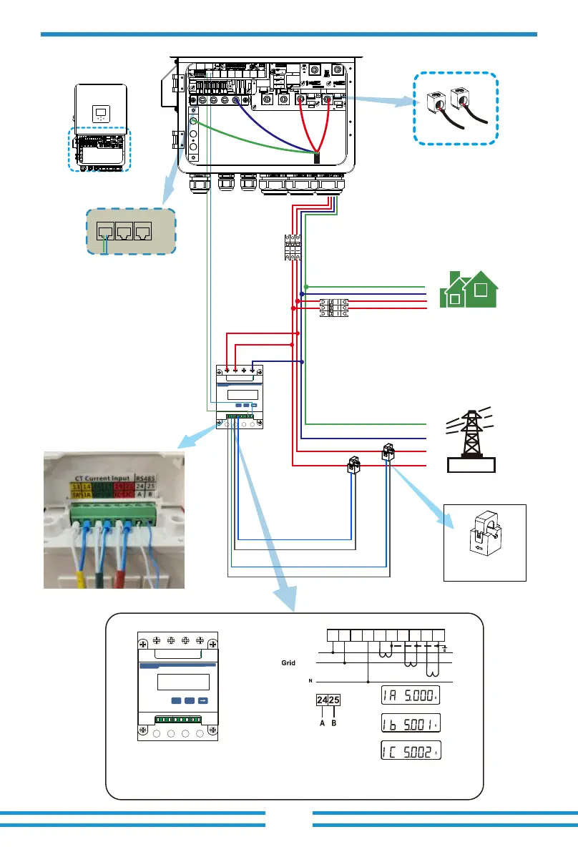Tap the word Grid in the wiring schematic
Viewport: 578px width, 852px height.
pos(288,663)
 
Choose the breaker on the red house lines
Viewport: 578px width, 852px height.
pos(333,308)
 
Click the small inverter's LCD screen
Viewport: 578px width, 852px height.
pos(100,113)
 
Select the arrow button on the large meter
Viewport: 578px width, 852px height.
pos(202,701)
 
